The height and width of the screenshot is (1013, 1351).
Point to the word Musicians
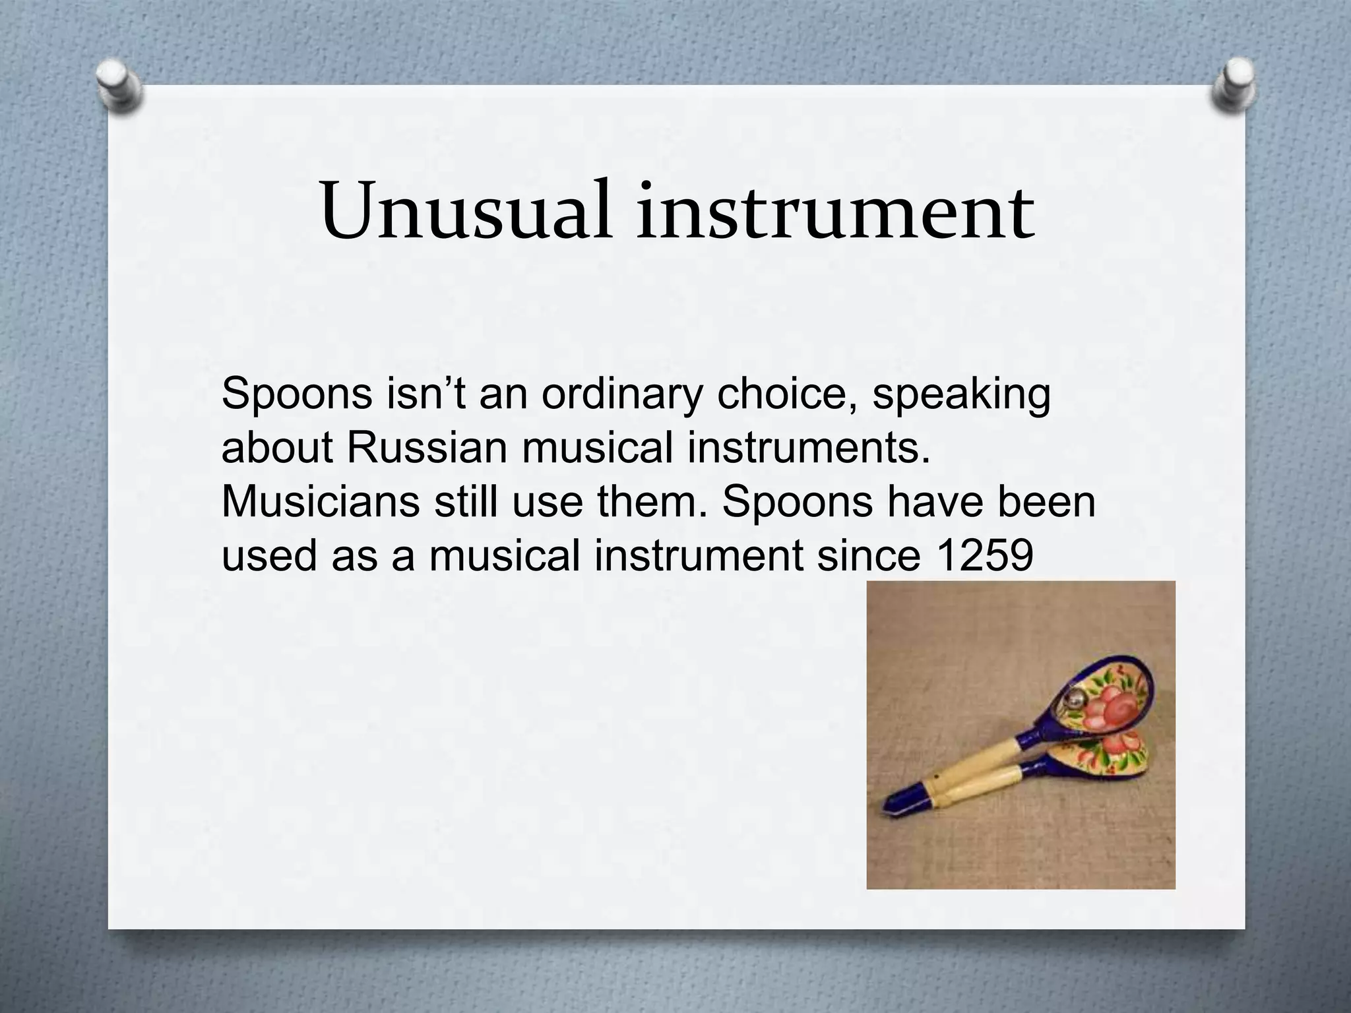pyautogui.click(x=321, y=501)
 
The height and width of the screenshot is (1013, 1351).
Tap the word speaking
pyautogui.click(x=961, y=396)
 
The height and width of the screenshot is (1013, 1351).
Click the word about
pyautogui.click(x=277, y=448)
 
